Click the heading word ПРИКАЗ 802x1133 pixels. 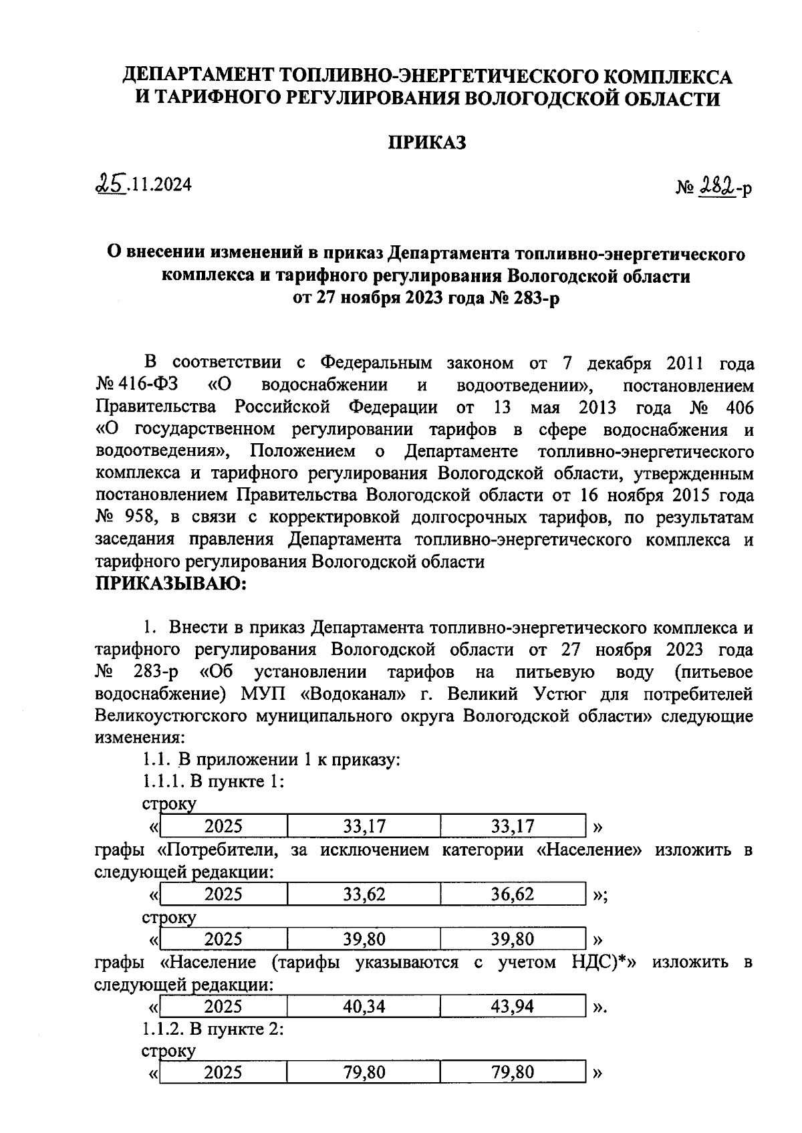coord(427,143)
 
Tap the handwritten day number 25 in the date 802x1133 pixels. coord(111,182)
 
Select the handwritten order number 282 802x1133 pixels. coord(714,188)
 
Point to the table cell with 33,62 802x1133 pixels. coord(364,894)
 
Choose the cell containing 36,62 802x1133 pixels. coord(513,894)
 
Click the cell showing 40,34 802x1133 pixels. coord(364,1007)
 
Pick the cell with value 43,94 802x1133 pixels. coord(513,1007)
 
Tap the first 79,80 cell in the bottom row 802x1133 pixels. coord(364,1073)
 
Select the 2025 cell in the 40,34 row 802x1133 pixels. coord(223,1007)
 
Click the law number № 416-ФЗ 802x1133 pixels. coord(141,386)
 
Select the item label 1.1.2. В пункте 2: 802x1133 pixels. coord(213,1029)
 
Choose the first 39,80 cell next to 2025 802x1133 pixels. coord(364,940)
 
